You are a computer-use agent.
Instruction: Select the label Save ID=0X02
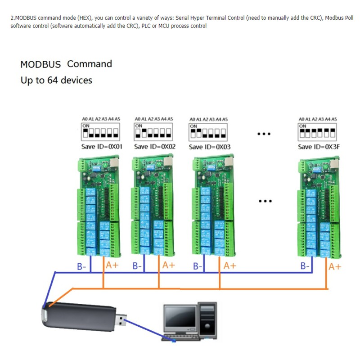pyautogui.click(x=155, y=147)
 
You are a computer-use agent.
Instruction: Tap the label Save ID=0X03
pyautogui.click(x=209, y=147)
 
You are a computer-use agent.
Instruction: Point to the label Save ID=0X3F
pyautogui.click(x=317, y=147)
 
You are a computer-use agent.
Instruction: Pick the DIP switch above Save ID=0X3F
pyautogui.click(x=317, y=132)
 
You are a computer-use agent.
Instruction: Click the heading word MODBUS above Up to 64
pyautogui.click(x=40, y=64)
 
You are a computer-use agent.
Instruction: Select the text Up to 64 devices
pyautogui.click(x=56, y=81)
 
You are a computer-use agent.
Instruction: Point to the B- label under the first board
pyautogui.click(x=81, y=266)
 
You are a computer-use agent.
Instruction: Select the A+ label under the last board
pyautogui.click(x=335, y=266)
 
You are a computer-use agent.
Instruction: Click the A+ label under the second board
pyautogui.click(x=168, y=265)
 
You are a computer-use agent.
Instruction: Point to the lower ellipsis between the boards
pyautogui.click(x=265, y=201)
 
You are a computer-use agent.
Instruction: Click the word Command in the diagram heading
pyautogui.click(x=90, y=64)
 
